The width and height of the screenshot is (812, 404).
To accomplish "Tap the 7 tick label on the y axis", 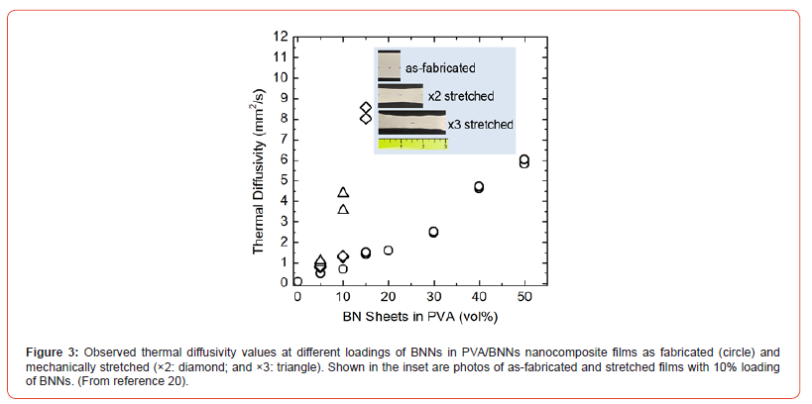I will click(x=283, y=139).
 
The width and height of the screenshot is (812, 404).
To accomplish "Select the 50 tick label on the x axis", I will click(x=524, y=297).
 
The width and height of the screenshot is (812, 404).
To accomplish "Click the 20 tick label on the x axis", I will click(x=388, y=297).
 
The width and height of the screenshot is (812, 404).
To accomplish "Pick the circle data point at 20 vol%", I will click(x=388, y=251).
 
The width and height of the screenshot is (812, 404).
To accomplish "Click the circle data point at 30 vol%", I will click(x=433, y=232).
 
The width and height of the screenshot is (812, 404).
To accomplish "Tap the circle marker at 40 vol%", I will click(x=479, y=186).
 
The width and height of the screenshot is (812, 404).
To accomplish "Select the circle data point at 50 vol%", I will click(x=524, y=160).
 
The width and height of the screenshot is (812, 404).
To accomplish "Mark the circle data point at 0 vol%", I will click(x=297, y=281).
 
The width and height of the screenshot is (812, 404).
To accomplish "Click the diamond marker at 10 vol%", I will click(x=343, y=256).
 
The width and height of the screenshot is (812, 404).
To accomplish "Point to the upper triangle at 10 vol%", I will click(x=343, y=192).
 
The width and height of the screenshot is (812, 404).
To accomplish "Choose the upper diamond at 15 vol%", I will click(x=366, y=107).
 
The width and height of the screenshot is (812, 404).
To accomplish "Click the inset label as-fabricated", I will click(x=441, y=68).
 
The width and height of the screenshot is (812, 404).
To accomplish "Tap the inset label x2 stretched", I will click(x=460, y=96).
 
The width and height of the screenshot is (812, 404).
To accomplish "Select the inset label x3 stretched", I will click(x=480, y=125).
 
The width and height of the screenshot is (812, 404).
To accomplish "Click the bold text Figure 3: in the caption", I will click(x=54, y=352).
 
